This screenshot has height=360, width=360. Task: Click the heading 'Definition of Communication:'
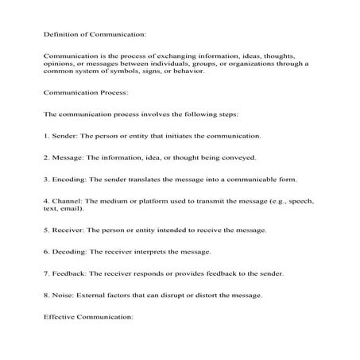[x=94, y=34]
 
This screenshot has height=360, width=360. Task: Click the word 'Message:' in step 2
[x=69, y=158]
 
